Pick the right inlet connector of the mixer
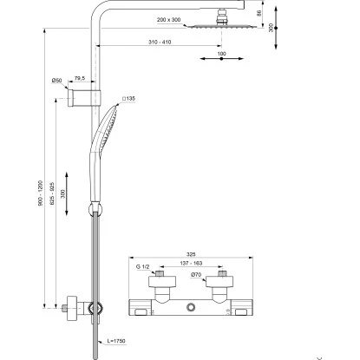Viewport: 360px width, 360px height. [221, 274]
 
